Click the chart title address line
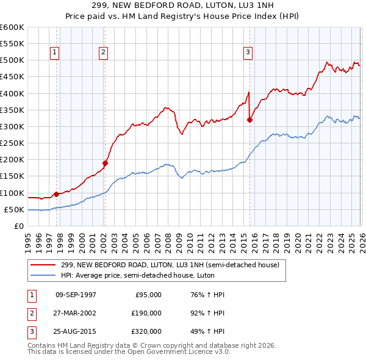(182, 5)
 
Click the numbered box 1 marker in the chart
(55, 53)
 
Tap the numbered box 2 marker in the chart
(104, 53)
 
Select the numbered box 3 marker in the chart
(248, 53)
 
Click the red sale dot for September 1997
(57, 194)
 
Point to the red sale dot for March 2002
(105, 163)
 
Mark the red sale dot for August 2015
(249, 120)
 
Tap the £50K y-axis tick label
(14, 209)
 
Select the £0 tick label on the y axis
(20, 226)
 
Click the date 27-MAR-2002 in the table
(76, 312)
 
